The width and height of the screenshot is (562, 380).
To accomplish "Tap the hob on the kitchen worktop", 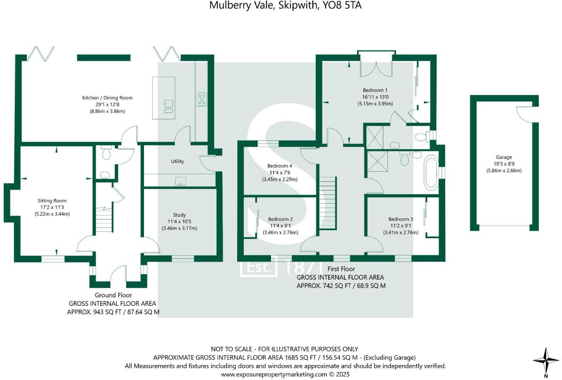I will [x=201, y=99].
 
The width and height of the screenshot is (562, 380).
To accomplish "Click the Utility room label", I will [x=178, y=161].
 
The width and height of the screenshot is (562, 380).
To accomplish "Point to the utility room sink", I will [x=181, y=181].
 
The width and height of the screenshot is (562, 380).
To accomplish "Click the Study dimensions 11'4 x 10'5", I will [x=179, y=222].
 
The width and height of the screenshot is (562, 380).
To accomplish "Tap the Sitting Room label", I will [x=52, y=200].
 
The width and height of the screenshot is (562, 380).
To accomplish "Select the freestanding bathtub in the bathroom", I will [x=431, y=173].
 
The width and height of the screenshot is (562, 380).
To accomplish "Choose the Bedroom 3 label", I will [x=401, y=219].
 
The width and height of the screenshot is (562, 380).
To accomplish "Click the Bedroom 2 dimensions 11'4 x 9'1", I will [x=281, y=226].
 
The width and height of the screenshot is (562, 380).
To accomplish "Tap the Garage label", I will [x=504, y=157].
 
